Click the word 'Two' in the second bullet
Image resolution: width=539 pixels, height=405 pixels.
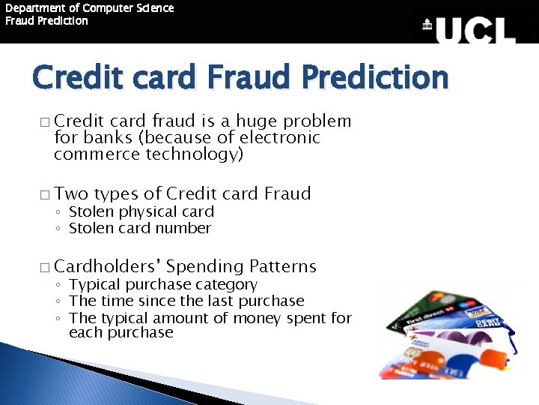pos(72,193)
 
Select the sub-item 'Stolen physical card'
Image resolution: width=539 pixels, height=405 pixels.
pos(141,212)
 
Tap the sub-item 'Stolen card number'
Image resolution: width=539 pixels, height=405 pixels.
pos(140,229)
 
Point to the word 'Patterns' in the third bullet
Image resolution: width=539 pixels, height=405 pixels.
pos(283,266)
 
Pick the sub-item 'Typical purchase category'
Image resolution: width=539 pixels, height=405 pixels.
pos(163,285)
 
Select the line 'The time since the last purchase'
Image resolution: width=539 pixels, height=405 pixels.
pos(186,301)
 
